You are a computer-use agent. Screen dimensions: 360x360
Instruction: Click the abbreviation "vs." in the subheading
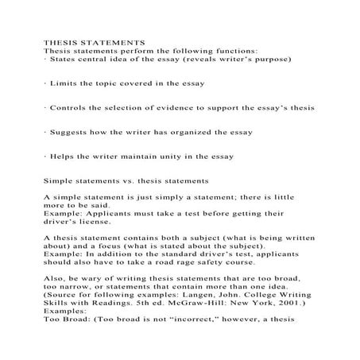coord(126,180)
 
